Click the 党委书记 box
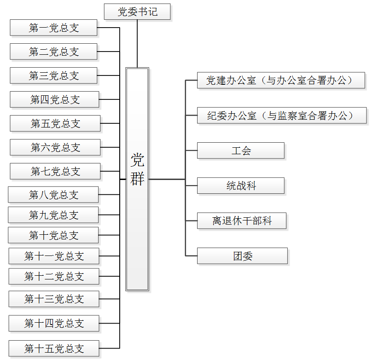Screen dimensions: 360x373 point(137,12)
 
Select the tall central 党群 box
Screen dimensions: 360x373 point(137,179)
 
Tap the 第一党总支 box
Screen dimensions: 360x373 point(53,28)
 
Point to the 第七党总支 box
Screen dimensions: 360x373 point(55,171)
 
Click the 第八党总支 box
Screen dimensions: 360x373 point(53,195)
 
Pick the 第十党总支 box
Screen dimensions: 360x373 point(53,235)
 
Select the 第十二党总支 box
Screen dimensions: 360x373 point(54,276)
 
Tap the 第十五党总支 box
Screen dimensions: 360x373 point(54,348)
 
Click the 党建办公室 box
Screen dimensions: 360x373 point(281,80)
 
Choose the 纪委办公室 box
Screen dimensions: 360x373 point(282,116)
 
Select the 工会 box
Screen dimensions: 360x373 point(241,151)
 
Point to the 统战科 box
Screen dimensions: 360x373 point(241,186)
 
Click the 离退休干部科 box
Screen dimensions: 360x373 point(242,221)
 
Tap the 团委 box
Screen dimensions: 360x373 point(242,256)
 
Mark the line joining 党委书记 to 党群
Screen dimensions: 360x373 point(137,44)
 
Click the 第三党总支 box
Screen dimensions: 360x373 point(53,75)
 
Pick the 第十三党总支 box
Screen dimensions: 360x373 point(54,299)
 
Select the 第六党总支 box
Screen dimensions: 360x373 point(55,147)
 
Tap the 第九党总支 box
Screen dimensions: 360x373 point(53,215)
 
